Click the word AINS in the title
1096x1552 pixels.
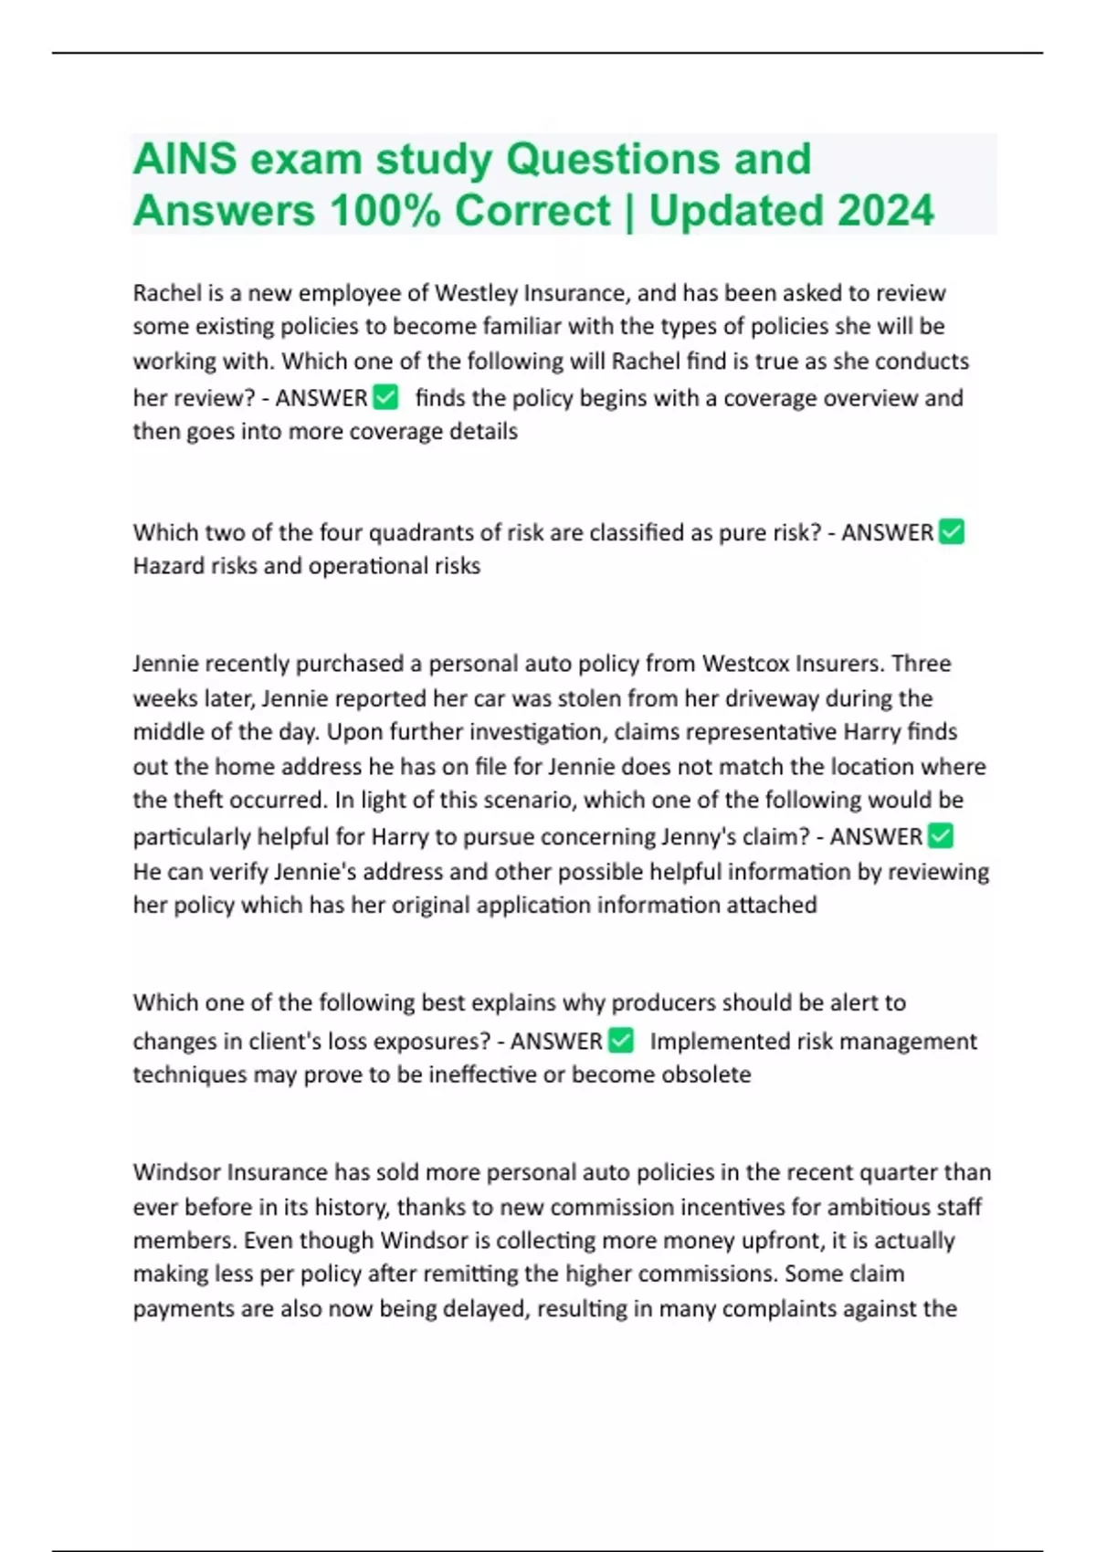pyautogui.click(x=185, y=159)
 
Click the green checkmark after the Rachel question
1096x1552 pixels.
pyautogui.click(x=386, y=397)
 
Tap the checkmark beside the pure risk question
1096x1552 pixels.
pyautogui.click(x=952, y=531)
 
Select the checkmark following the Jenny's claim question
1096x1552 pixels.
pyautogui.click(x=940, y=835)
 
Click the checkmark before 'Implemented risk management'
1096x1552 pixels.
pyautogui.click(x=621, y=1040)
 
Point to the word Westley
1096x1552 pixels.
pyautogui.click(x=473, y=293)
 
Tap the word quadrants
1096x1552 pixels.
pyautogui.click(x=432, y=532)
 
